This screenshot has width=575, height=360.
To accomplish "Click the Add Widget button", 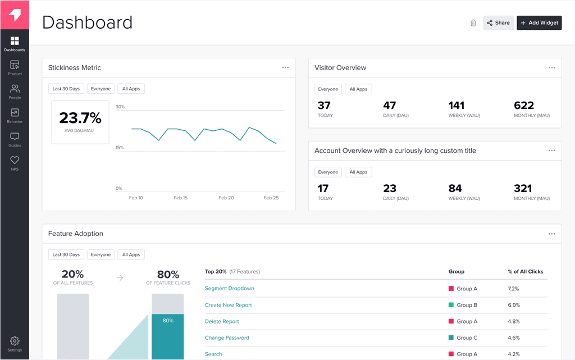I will point(539,23).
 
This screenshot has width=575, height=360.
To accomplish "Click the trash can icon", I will point(473,23).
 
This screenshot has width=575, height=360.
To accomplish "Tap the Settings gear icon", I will point(15,341).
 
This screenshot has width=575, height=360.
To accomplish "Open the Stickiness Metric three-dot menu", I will point(285,67).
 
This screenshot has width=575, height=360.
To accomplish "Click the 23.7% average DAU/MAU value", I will point(80,118).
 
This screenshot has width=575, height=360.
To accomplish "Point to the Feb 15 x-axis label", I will point(181,198).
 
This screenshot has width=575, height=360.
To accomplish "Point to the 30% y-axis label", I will point(120,107).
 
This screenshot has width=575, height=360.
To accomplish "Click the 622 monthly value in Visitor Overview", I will point(524,106).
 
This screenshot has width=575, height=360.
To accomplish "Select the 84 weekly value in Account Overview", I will point(455,189).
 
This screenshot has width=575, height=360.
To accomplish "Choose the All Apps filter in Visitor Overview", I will point(358,89).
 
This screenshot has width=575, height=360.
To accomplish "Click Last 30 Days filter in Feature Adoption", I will point(66,254).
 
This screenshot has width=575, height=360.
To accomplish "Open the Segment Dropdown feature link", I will point(229,289).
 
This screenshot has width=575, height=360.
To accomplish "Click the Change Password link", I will point(227,338).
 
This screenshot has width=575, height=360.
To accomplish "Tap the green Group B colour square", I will point(451,305).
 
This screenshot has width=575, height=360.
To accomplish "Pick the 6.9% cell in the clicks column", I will point(514,305).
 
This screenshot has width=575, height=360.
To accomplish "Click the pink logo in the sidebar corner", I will point(15,15).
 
